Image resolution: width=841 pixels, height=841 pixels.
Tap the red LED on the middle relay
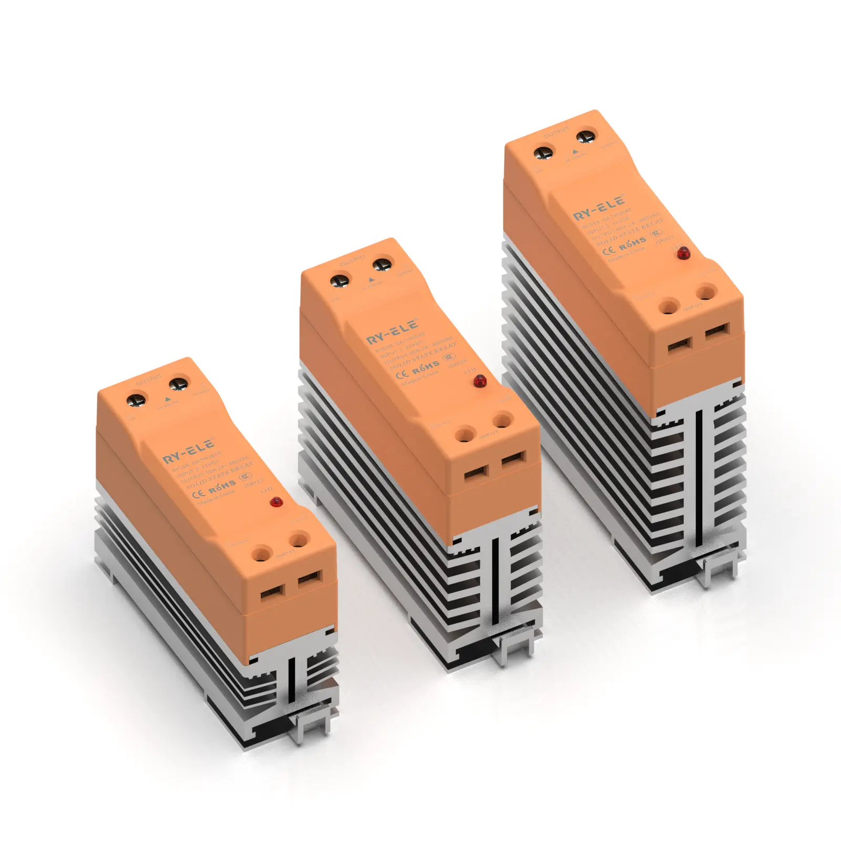[x=479, y=382]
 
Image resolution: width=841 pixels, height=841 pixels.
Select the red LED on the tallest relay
[x=683, y=254]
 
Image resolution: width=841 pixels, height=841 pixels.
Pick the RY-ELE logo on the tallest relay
[x=599, y=209]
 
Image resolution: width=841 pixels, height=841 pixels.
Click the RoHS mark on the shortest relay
[x=222, y=487]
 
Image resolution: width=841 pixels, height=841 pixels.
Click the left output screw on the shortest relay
[x=138, y=401]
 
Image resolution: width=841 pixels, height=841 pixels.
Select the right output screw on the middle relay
[x=383, y=264]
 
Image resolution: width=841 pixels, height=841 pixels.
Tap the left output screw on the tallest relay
[x=543, y=153]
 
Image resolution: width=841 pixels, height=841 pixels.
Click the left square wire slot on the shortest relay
[x=273, y=593]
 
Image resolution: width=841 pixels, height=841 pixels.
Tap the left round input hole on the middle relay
[x=464, y=435]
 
